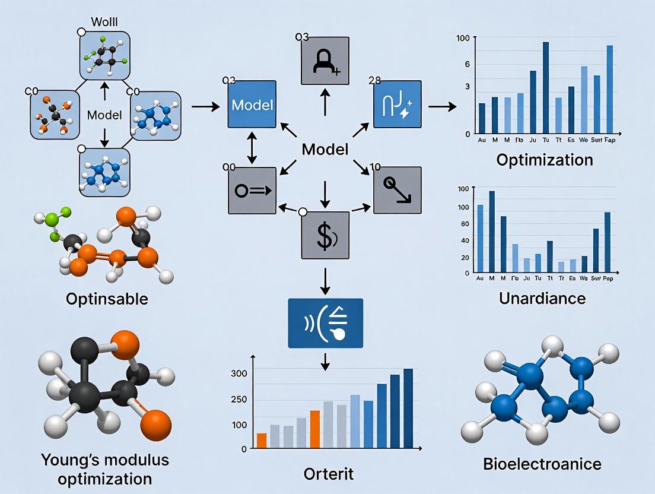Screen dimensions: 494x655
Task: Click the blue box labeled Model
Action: [x=252, y=104]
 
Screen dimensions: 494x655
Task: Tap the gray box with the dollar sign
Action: [x=325, y=235]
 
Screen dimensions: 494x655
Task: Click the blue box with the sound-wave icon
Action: [x=325, y=323]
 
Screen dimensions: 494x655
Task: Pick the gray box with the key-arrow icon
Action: [x=252, y=190]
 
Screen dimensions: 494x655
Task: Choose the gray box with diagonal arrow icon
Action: [x=398, y=190]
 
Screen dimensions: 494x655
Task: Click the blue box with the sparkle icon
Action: [x=398, y=104]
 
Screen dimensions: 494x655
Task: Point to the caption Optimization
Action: [x=544, y=160]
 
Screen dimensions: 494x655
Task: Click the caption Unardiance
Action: [x=542, y=297]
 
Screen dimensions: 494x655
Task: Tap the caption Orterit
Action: [x=328, y=474]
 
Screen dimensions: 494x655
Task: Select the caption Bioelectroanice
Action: [x=542, y=464]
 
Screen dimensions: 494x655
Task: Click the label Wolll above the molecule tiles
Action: [x=105, y=23]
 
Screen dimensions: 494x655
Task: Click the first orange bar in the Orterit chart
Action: [x=262, y=441]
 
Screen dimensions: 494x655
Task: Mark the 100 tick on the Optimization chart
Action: [x=463, y=39]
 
